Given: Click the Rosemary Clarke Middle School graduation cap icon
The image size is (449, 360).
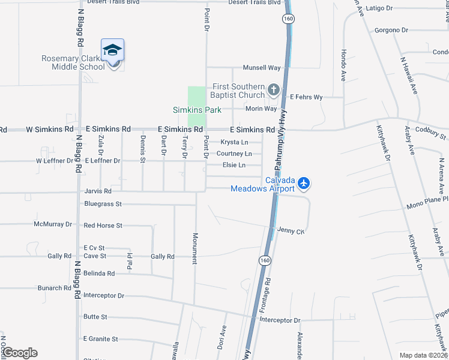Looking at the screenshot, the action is [x=112, y=50].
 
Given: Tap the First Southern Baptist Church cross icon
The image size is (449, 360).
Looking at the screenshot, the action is [x=274, y=91].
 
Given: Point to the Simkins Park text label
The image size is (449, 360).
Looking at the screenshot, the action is [x=197, y=110].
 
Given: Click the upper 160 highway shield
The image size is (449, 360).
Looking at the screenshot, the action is [x=289, y=19].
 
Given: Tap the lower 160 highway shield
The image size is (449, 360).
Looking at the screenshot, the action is [x=264, y=260].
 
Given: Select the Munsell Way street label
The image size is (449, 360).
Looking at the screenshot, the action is [x=262, y=68].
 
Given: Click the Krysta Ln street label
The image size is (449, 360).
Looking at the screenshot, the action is [x=234, y=142].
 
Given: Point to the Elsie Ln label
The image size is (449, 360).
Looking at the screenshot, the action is [x=234, y=165].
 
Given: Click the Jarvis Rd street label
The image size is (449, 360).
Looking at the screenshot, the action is [x=98, y=191].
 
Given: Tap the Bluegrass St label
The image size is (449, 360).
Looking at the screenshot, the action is [x=103, y=204].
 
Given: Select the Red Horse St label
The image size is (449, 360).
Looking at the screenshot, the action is [x=103, y=226].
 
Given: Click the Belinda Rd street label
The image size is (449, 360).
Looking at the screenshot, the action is [x=99, y=273].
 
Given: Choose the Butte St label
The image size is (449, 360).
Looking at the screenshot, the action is [x=95, y=317].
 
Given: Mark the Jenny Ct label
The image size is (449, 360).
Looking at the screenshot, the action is [x=291, y=230].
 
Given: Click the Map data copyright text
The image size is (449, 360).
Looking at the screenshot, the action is [x=423, y=355].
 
